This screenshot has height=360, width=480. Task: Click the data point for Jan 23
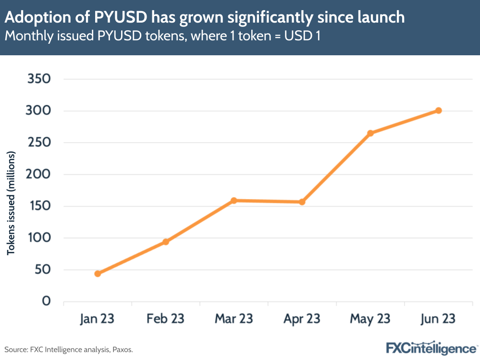coord(98,273)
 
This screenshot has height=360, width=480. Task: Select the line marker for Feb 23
coord(166,242)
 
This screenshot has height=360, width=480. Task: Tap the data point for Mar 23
coord(234,200)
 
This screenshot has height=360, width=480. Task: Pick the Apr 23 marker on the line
coord(302,202)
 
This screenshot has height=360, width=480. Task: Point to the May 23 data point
coord(370,133)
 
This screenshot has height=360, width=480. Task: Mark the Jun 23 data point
coord(439,111)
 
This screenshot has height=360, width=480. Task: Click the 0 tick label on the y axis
coord(47,301)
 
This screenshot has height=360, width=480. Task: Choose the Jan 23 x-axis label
coord(98,319)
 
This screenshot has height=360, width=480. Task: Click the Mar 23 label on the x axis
coord(234,319)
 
